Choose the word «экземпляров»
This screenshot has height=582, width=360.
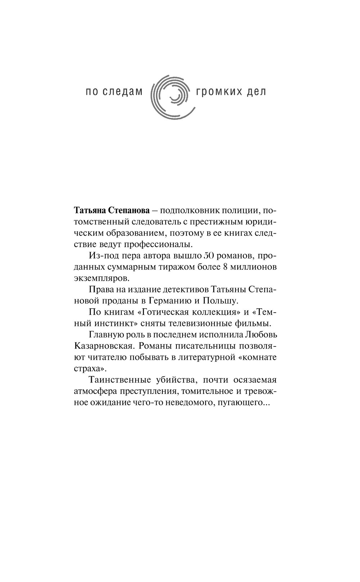[x=97, y=279]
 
